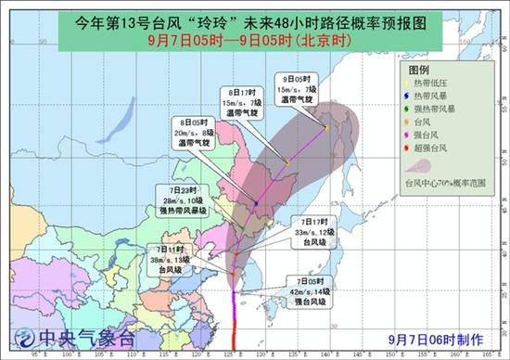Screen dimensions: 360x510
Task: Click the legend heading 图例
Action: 419,71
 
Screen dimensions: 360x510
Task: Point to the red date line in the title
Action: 254,40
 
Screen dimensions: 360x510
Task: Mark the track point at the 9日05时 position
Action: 326,127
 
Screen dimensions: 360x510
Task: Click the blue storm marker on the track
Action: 256,202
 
